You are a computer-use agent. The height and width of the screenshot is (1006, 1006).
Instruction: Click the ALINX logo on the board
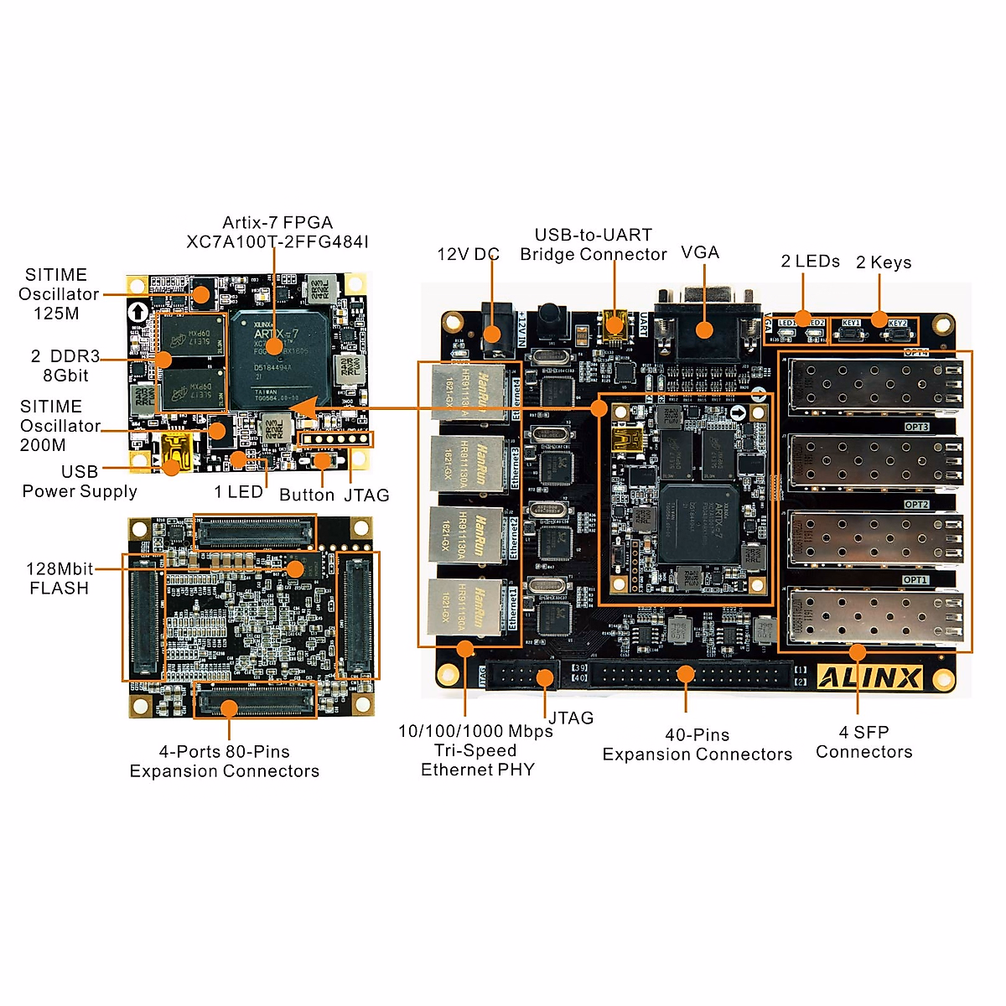pyautogui.click(x=869, y=677)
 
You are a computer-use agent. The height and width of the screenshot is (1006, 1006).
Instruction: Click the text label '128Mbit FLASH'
pyautogui.click(x=59, y=578)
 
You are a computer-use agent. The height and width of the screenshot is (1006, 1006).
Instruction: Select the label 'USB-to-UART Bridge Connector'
pyautogui.click(x=594, y=245)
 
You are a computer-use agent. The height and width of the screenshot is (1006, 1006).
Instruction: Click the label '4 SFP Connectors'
pyautogui.click(x=864, y=742)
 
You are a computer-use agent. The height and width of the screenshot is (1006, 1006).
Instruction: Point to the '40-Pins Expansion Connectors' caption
pyautogui.click(x=697, y=744)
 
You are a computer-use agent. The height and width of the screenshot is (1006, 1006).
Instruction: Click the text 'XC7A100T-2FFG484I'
pyautogui.click(x=277, y=242)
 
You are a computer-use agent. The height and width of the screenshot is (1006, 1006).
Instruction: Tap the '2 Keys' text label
pyautogui.click(x=884, y=262)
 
